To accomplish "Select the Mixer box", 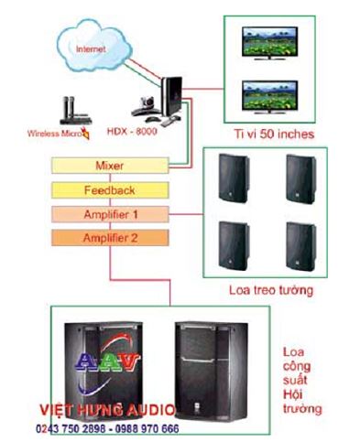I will tap(110, 166).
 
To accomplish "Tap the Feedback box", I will tap(110, 190).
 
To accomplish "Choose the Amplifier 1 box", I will tap(110, 214).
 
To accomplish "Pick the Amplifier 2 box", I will tap(110, 237).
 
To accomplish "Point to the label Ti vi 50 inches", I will tap(275, 134).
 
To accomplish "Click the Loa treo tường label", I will tap(270, 290).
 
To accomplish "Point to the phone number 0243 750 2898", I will tap(70, 429).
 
